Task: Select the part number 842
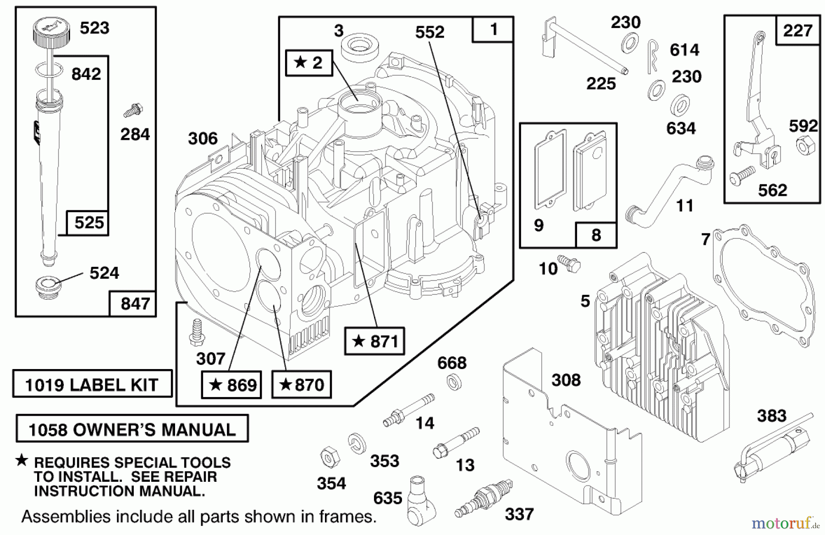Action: (x=86, y=74)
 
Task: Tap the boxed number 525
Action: (x=89, y=223)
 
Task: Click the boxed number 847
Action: (x=135, y=303)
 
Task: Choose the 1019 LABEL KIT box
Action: (x=92, y=384)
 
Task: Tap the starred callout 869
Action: (x=232, y=385)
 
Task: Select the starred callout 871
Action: (x=374, y=342)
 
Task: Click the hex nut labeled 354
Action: (x=329, y=457)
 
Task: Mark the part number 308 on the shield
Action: (x=566, y=380)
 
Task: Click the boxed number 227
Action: (x=797, y=30)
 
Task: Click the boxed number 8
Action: (x=596, y=235)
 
